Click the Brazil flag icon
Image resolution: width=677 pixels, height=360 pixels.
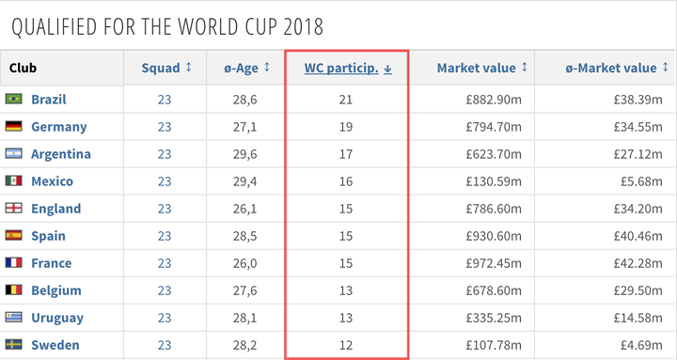(13, 99)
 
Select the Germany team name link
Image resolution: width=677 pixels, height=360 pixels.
(58, 126)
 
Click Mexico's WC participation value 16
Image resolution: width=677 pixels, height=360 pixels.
(347, 181)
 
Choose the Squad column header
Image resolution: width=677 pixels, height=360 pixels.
(165, 68)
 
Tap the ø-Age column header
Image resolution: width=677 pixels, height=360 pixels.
(247, 68)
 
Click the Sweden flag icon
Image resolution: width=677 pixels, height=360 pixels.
(13, 345)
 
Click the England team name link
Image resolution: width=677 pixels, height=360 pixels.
(55, 209)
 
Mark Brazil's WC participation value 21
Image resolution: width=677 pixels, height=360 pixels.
(347, 99)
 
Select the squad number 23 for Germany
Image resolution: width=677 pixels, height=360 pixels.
(165, 126)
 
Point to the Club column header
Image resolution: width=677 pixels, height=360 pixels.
(23, 68)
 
